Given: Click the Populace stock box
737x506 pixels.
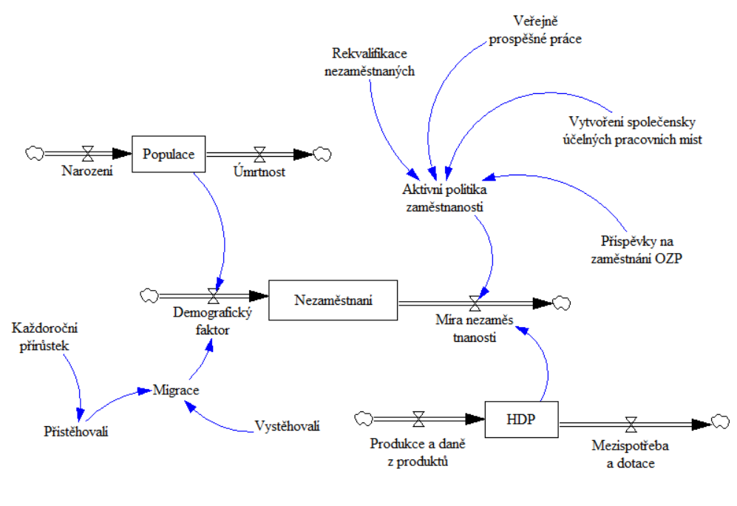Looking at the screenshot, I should pyautogui.click(x=168, y=154).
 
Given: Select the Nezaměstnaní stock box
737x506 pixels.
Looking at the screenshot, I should pyautogui.click(x=333, y=300).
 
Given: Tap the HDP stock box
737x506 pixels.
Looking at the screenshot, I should pyautogui.click(x=521, y=419).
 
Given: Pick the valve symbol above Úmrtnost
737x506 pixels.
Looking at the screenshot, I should pyautogui.click(x=259, y=154).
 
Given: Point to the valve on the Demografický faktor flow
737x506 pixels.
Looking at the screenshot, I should pyautogui.click(x=214, y=296).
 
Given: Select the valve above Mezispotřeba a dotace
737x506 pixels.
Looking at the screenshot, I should pyautogui.click(x=631, y=424).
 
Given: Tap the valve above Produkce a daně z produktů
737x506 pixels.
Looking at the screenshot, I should pyautogui.click(x=418, y=419).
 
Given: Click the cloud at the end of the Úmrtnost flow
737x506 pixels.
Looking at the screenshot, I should pyautogui.click(x=322, y=154).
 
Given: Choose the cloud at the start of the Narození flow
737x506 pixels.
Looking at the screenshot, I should pyautogui.click(x=35, y=153).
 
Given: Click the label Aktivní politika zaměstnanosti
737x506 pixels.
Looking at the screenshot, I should pyautogui.click(x=445, y=198).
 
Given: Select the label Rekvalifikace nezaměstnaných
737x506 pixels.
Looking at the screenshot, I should pyautogui.click(x=370, y=63).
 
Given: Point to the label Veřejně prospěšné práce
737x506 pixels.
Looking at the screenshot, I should pyautogui.click(x=535, y=30).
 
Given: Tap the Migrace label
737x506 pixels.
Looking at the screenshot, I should pyautogui.click(x=176, y=389).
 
